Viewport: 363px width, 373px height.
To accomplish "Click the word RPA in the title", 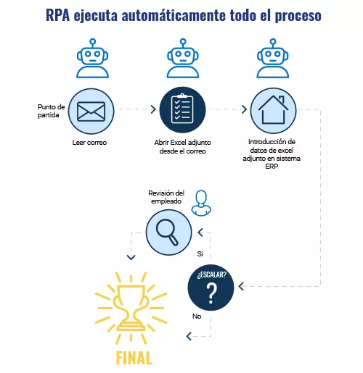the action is [x=58, y=15].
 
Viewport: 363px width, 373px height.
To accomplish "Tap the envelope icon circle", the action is [x=91, y=111].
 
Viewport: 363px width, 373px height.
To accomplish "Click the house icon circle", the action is [x=273, y=111].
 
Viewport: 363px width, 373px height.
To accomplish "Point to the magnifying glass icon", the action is [x=167, y=232].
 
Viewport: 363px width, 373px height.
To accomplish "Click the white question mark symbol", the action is [x=212, y=293].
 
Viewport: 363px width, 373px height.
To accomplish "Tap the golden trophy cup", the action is [x=131, y=308].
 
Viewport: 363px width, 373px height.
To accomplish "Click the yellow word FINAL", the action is [x=134, y=358].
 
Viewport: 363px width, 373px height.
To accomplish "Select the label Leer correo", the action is [x=89, y=143].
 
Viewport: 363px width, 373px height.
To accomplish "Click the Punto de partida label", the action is [x=51, y=111].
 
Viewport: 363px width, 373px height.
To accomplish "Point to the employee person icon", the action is [x=201, y=203].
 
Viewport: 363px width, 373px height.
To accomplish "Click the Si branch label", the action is [x=200, y=253].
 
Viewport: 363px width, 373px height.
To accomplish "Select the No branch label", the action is [x=197, y=316].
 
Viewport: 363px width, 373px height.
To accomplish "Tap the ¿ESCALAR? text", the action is [x=212, y=274].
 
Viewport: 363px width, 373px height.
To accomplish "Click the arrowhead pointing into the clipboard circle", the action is [x=153, y=109].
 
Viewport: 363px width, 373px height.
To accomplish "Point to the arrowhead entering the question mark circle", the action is [x=241, y=287].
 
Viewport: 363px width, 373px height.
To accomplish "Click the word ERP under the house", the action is [x=272, y=167].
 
